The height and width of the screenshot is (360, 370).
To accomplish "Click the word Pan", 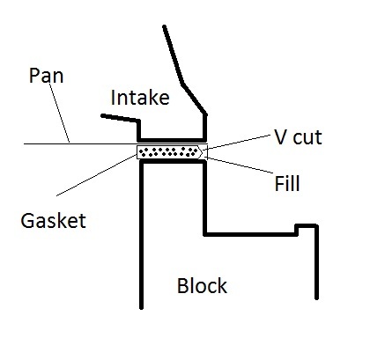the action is [x=46, y=76].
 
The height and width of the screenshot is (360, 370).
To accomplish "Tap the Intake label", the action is [x=140, y=98].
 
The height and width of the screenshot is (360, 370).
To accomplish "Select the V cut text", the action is [x=298, y=137].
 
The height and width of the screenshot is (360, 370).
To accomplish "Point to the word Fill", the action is [x=287, y=183].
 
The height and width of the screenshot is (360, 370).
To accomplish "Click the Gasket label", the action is [x=53, y=221].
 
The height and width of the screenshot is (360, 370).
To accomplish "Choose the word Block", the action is [x=202, y=286].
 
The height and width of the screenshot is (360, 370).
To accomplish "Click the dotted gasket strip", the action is [x=170, y=152].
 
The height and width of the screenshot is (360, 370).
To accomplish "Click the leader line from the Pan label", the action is [x=59, y=112].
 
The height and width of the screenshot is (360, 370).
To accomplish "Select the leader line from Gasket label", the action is [x=97, y=175].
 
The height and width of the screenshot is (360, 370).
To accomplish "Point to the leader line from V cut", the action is [x=237, y=143].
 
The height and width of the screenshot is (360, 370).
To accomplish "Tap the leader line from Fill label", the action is [x=239, y=165].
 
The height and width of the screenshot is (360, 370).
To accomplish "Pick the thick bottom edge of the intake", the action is [x=172, y=140].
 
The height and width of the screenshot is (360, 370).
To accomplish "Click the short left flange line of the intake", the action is [x=120, y=118].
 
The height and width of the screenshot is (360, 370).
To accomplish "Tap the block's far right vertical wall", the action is [x=316, y=262].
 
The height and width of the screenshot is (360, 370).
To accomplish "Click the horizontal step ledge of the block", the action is [x=250, y=234].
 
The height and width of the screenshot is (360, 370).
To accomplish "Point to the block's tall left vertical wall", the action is [x=141, y=235].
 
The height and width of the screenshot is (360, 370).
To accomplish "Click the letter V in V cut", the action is [x=279, y=137].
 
